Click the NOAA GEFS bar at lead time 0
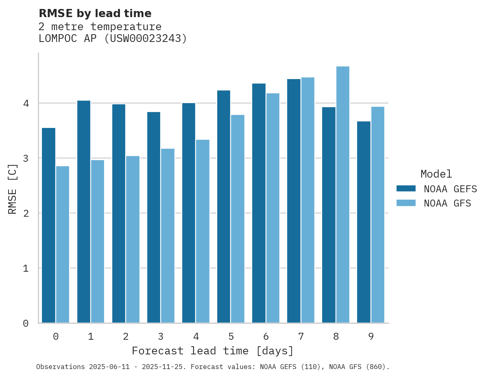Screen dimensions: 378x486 (48, 225)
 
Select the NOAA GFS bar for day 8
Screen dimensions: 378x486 (343, 195)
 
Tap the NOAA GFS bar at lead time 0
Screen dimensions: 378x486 (63, 244)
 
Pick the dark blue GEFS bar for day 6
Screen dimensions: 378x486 (259, 203)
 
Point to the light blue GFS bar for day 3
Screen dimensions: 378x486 (168, 236)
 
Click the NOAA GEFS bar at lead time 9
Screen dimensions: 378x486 (364, 222)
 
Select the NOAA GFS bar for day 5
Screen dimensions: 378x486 (238, 219)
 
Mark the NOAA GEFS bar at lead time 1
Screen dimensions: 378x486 (83, 212)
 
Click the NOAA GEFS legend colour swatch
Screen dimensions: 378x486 (406, 189)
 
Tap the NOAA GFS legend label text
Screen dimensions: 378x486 (447, 203)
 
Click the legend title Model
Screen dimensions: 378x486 (436, 174)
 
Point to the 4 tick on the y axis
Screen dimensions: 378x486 (26, 103)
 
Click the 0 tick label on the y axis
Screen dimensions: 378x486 (26, 323)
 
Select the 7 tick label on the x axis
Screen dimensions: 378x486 (301, 336)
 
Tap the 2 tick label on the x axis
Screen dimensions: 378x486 (126, 336)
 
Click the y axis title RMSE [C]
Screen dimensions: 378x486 (13, 189)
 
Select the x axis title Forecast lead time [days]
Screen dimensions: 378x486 (212, 351)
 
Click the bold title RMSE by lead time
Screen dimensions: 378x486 (95, 13)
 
